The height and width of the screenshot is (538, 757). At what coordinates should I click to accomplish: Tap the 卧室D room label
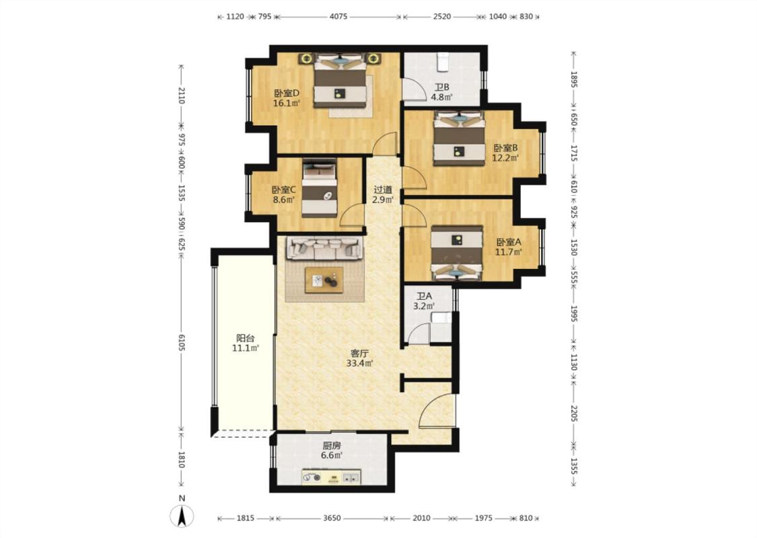[287, 93]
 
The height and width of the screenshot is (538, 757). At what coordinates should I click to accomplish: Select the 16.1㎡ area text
[287, 104]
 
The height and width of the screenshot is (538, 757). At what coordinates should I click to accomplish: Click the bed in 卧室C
[319, 189]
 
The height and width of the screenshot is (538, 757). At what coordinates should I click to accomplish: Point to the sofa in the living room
[324, 249]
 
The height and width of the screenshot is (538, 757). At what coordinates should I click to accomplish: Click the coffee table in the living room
[324, 280]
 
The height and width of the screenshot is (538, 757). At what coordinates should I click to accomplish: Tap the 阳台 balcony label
[245, 338]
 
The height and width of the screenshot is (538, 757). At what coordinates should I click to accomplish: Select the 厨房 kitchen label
[332, 445]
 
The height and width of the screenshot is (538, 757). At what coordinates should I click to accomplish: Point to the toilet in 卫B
[443, 61]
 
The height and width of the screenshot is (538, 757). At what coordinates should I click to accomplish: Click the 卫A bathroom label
[425, 296]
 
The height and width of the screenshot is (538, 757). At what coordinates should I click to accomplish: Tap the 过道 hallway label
[383, 190]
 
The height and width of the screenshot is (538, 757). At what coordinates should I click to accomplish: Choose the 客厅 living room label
[359, 354]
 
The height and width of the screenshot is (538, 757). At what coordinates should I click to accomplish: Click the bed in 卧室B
[459, 139]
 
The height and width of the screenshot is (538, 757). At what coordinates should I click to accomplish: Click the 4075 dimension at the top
[338, 16]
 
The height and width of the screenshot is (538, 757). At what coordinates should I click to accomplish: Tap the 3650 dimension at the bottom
[332, 518]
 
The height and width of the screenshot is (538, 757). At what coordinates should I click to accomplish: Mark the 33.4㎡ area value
[359, 364]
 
